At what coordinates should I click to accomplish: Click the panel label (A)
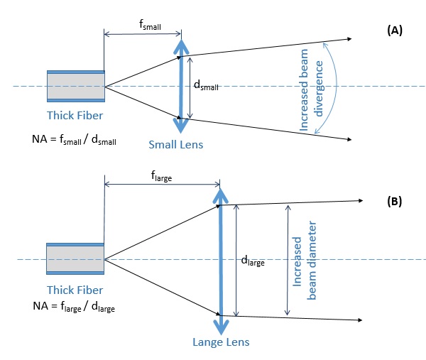coord(395,30)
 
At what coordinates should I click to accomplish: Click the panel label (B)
coord(394,202)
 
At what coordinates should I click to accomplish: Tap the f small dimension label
coord(150,24)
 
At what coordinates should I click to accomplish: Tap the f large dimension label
coord(161,176)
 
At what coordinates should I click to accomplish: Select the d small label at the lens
coord(206,85)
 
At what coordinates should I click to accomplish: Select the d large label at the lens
coord(253,261)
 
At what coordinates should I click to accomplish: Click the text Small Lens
coord(176,145)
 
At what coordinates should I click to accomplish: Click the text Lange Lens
coord(221,342)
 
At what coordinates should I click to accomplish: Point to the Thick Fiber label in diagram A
coord(75,116)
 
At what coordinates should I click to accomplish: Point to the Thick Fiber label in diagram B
coord(75,290)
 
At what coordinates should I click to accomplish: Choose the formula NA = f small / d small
coord(74,139)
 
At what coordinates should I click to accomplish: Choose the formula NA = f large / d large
coord(74,307)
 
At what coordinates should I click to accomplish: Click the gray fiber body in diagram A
coord(76,87)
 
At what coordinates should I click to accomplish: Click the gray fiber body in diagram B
coord(75,259)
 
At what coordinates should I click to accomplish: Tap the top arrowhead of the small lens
coord(181,40)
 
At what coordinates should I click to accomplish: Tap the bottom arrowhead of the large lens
coord(221,334)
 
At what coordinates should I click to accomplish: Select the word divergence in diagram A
coord(318,89)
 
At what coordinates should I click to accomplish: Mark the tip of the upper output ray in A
coord(351,39)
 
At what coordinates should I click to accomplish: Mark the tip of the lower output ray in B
coord(362,320)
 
